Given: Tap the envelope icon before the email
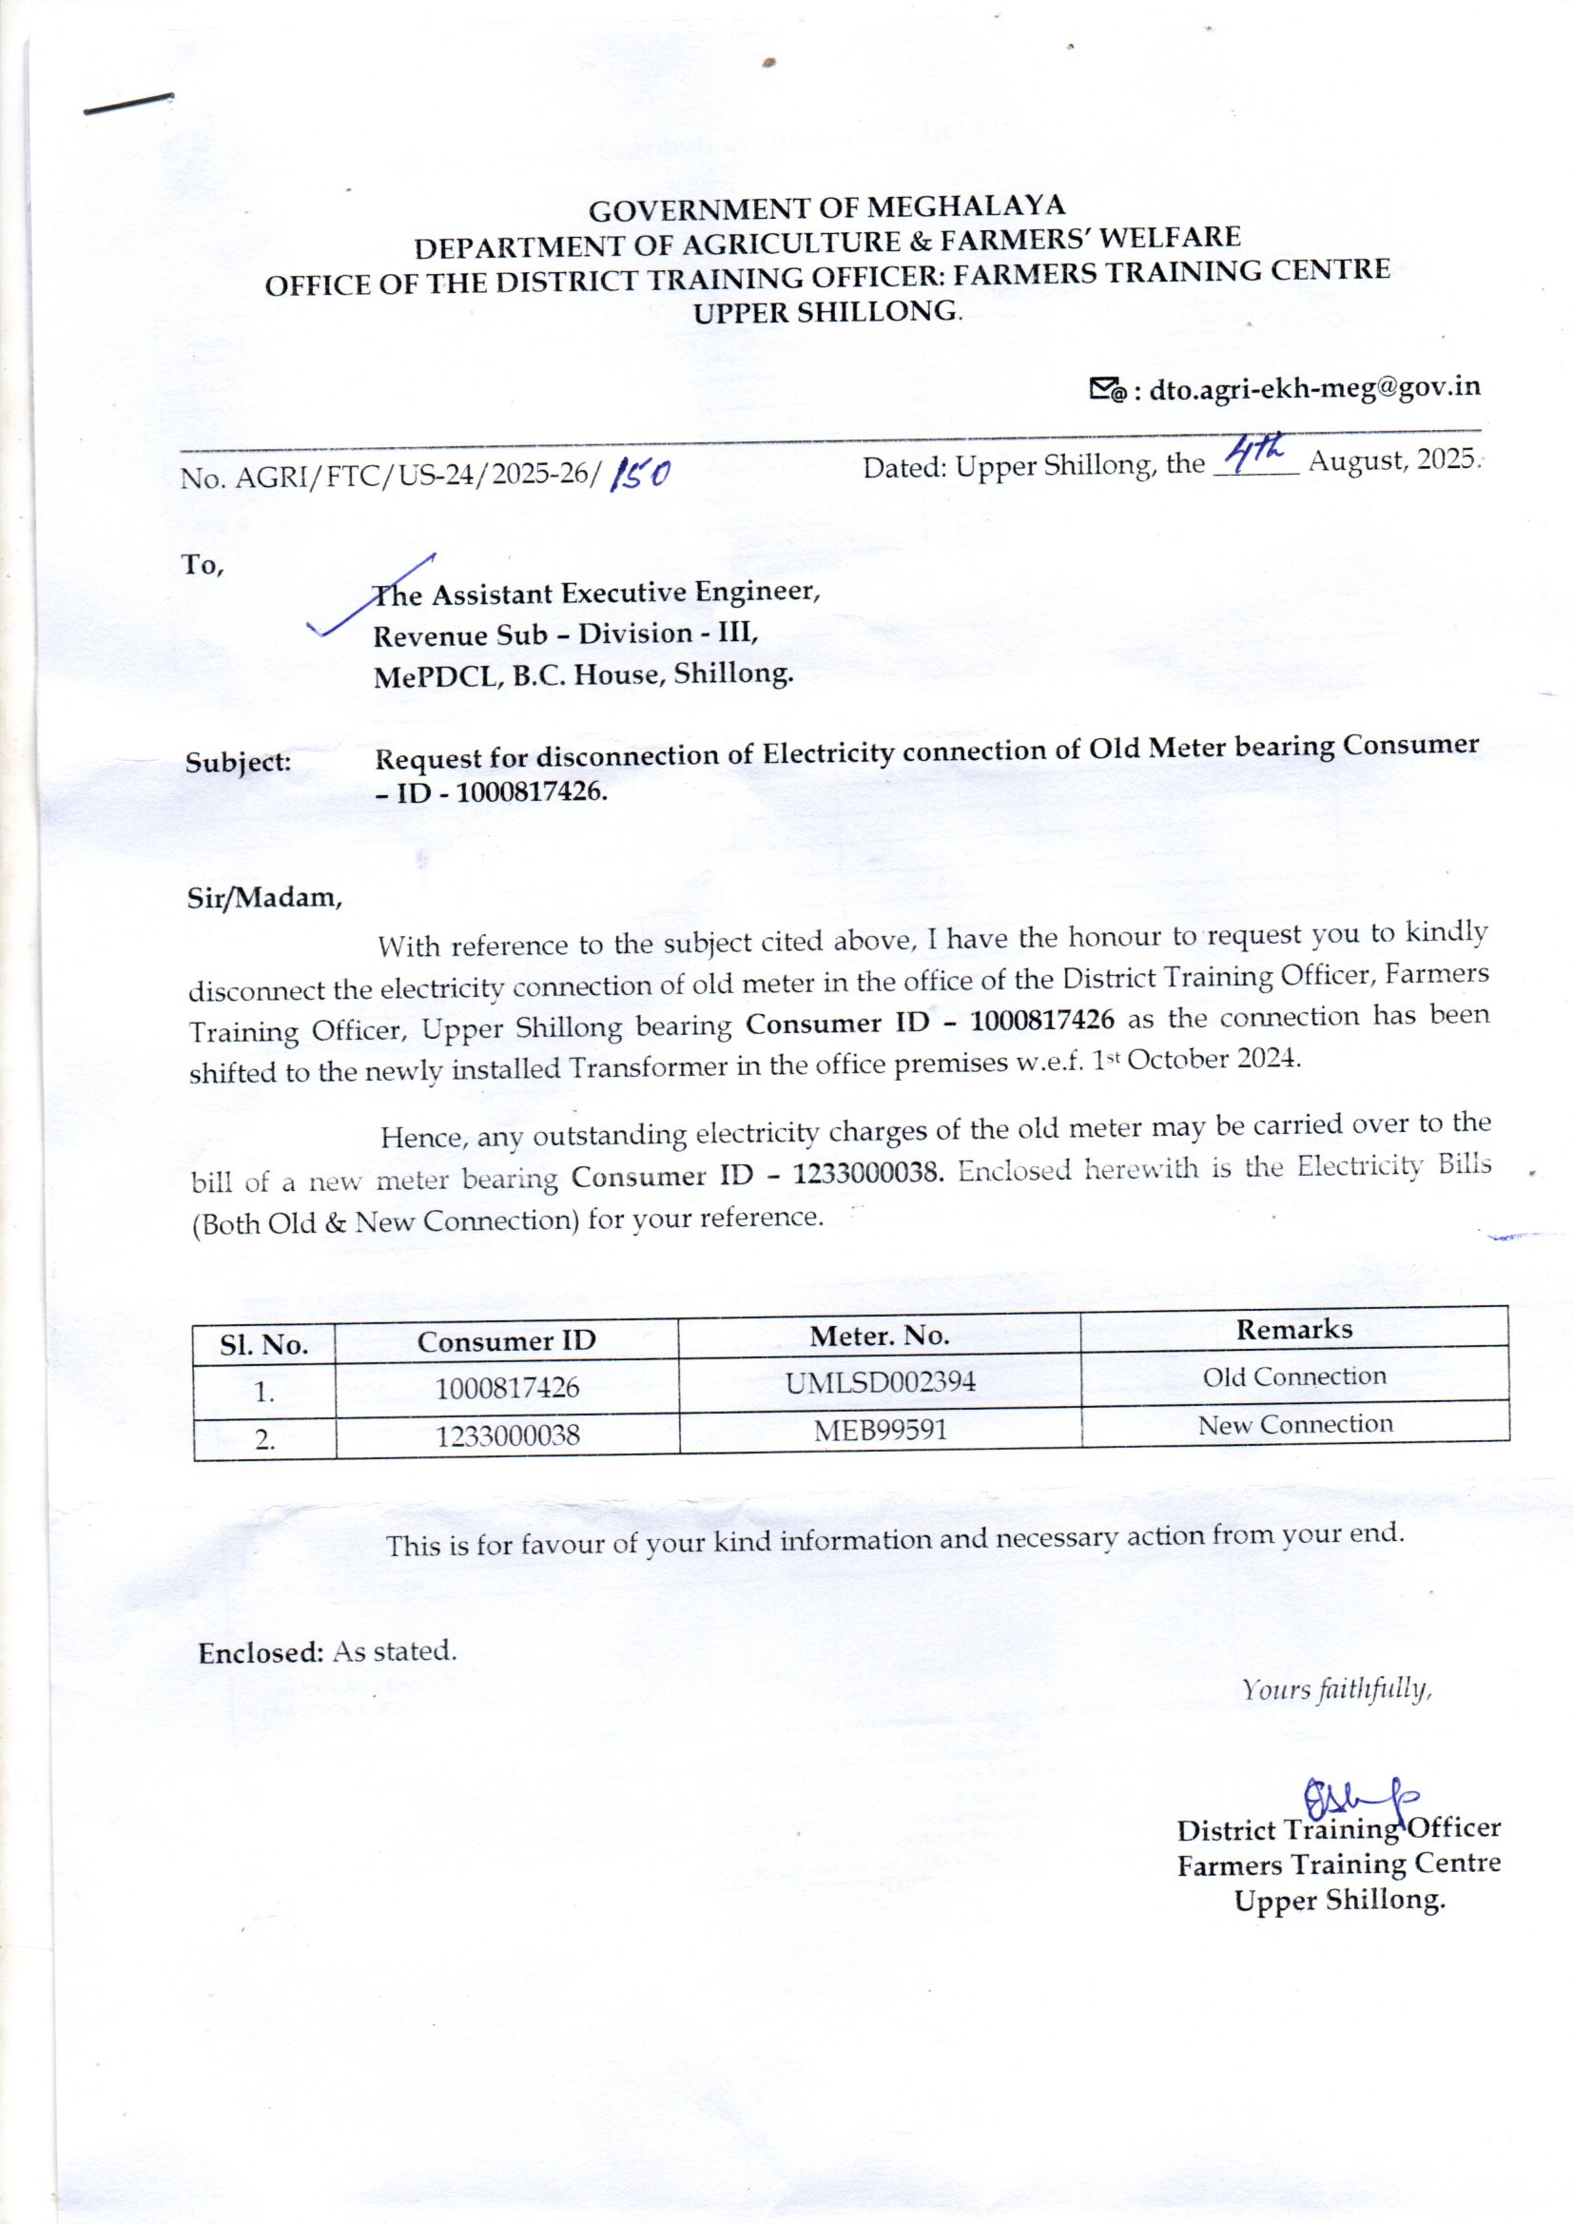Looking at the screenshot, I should coord(1107,390).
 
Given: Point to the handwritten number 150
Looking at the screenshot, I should coord(639,475).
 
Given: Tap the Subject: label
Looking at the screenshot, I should coord(239,762).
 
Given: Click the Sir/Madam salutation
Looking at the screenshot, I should coord(264,898).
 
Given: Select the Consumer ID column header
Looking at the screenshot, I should coord(507,1341).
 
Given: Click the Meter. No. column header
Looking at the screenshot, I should coord(879,1336).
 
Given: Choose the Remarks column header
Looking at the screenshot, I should coord(1293,1329).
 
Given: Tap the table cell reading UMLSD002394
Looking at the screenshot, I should coord(880,1382).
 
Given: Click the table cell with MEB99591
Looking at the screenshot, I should coord(880,1430).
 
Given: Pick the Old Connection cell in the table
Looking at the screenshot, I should coord(1294,1376).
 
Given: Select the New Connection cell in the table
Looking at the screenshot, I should coord(1295,1424).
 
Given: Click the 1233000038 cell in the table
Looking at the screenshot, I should coord(508,1434).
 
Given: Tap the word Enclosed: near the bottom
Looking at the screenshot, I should coord(261,1652).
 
